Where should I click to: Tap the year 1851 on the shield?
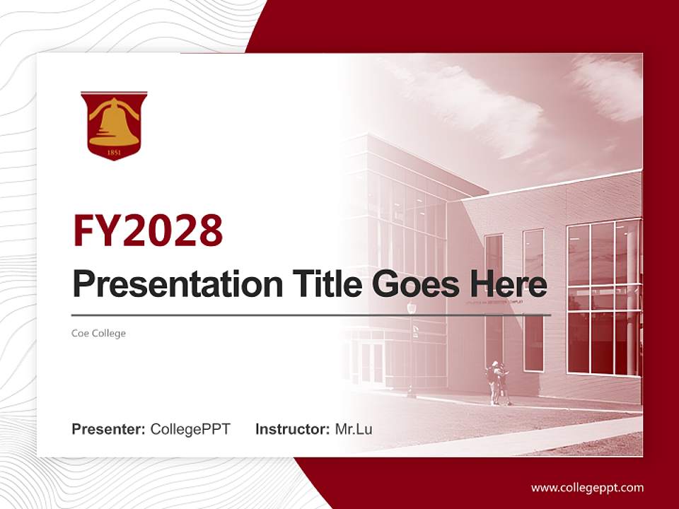(114, 151)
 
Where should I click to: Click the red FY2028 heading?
(148, 230)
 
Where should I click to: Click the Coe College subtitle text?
(98, 333)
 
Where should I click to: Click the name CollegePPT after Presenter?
(190, 429)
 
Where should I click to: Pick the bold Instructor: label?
(292, 429)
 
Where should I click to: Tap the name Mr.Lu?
(353, 429)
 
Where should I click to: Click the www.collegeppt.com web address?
(587, 487)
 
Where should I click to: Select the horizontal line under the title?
(311, 315)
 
